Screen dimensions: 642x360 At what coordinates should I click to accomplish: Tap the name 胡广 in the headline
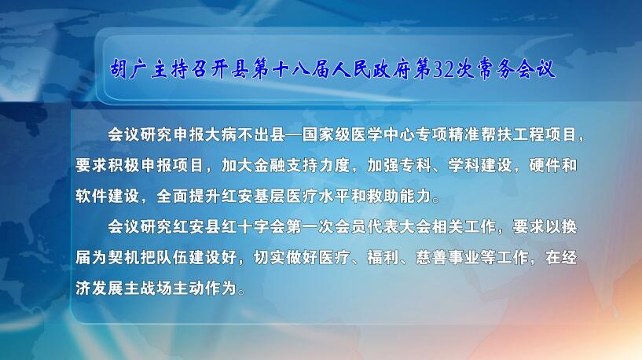[128, 69]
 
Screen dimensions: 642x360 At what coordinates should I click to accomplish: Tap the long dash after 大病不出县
[294, 135]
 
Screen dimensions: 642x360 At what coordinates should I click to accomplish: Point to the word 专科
[415, 166]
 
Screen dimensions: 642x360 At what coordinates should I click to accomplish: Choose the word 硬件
[545, 166]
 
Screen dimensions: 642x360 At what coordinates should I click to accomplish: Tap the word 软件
[91, 197]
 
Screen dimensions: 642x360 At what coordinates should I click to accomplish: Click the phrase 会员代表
[366, 227]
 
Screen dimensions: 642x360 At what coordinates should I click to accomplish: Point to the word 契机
[123, 258]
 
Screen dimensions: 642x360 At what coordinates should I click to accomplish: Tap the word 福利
[383, 258]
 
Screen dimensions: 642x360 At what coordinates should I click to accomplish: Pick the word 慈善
[431, 258]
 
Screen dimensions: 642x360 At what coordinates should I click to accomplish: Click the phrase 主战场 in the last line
[148, 288]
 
